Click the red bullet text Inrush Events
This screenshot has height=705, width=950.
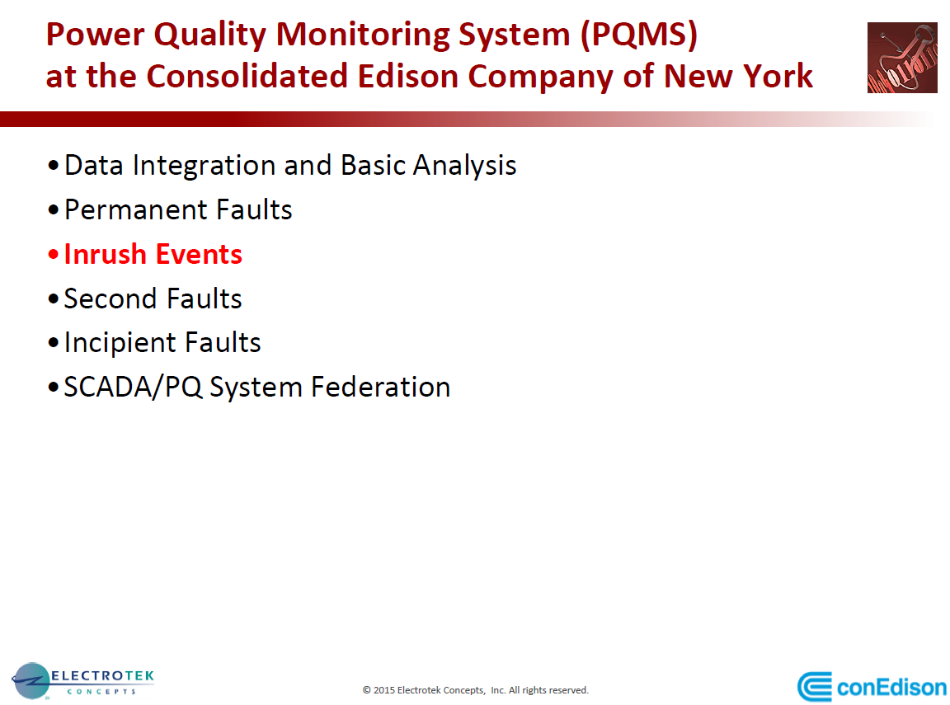[153, 254]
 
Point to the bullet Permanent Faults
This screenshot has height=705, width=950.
[178, 209]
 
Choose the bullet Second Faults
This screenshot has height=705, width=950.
[153, 298]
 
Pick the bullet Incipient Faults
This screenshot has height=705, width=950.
[162, 343]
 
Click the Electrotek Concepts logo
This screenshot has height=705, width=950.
[82, 681]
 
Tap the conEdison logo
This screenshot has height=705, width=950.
[872, 687]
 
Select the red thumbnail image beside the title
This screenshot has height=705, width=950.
[902, 58]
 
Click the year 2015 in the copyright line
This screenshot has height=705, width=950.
[384, 690]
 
